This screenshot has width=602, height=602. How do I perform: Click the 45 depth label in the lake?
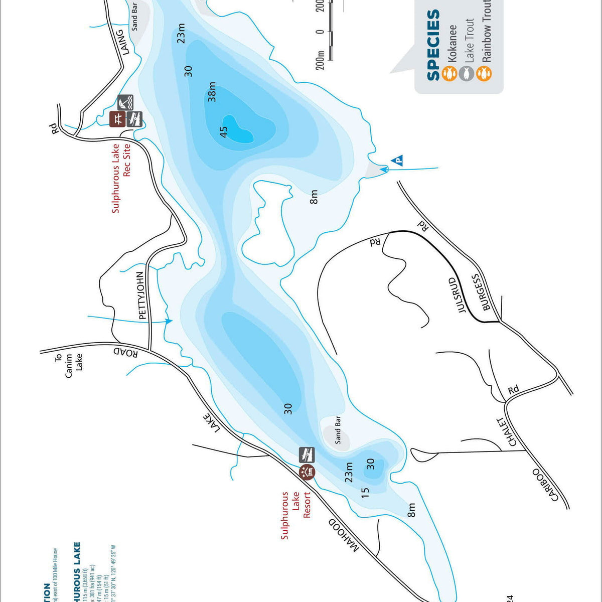tap(224, 131)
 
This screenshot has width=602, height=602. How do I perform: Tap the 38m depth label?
tap(212, 92)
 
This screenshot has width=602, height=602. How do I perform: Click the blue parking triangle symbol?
tap(397, 161)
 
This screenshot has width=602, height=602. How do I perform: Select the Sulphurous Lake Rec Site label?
tap(121, 178)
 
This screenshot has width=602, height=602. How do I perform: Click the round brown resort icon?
tap(307, 472)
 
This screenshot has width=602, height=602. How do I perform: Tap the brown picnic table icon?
tap(117, 119)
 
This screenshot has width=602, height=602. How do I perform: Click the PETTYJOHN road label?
tap(142, 295)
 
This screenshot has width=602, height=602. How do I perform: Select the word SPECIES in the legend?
tap(433, 45)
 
